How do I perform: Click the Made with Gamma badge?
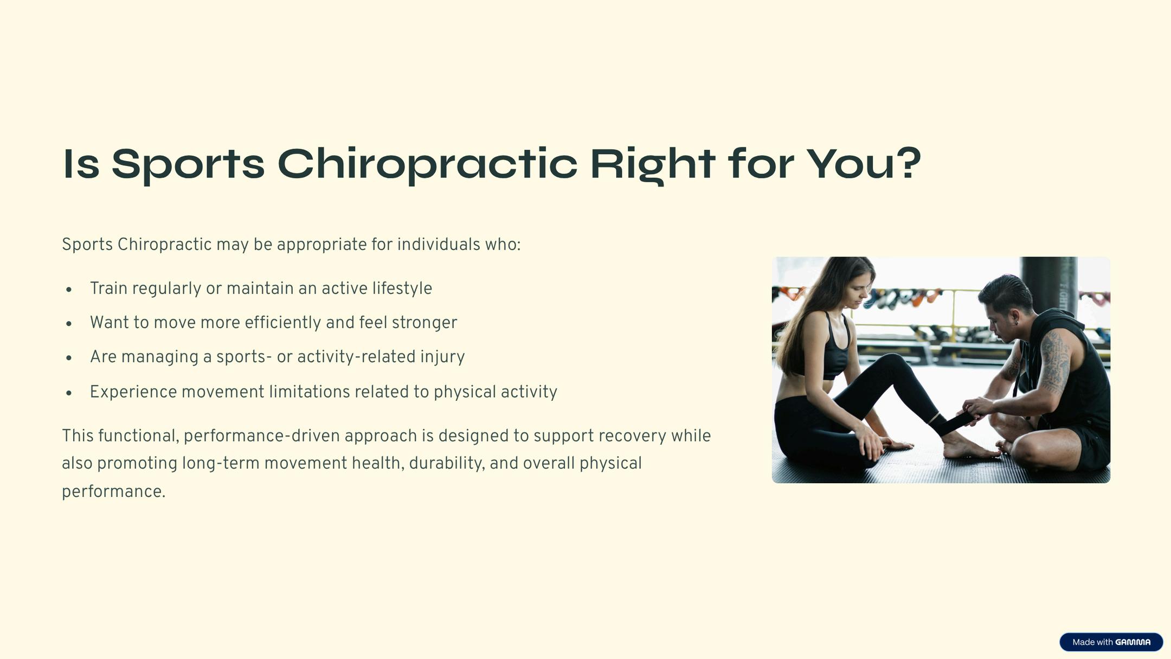[1111, 642]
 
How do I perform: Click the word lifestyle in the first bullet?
[402, 289]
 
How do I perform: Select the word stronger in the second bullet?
[424, 323]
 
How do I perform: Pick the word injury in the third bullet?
[442, 357]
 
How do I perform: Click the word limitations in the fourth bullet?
[310, 392]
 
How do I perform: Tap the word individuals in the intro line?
[439, 245]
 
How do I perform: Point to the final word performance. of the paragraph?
[113, 492]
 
